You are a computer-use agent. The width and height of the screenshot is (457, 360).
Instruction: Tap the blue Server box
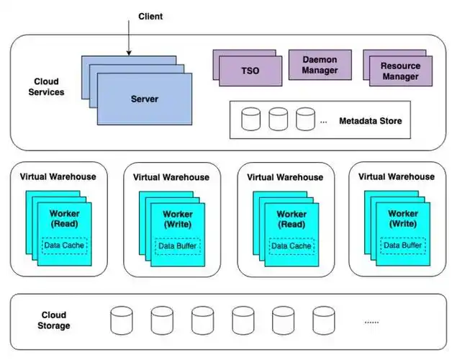[x=144, y=98]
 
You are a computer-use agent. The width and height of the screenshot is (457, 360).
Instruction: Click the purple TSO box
[x=250, y=71]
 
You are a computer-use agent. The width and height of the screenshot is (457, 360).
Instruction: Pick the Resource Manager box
[x=400, y=71]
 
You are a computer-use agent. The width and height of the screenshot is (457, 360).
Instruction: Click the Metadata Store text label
[x=370, y=120]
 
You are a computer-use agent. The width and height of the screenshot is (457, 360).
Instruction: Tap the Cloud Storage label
[x=54, y=320]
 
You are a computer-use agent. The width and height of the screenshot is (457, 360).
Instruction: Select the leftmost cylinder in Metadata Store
[x=250, y=119]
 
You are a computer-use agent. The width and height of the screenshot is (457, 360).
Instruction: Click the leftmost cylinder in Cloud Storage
[x=122, y=320]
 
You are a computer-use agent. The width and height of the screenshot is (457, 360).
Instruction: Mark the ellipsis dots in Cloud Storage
[x=371, y=321]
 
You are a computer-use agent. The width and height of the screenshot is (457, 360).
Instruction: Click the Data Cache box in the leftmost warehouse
[x=64, y=246]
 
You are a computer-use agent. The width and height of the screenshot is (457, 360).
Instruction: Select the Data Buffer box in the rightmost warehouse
[x=402, y=246]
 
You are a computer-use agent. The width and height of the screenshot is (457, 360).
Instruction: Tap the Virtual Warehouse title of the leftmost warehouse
[x=58, y=176]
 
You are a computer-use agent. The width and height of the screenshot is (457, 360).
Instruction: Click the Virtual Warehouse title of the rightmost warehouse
[x=397, y=176]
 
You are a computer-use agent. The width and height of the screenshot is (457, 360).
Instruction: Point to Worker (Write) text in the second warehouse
[x=178, y=220]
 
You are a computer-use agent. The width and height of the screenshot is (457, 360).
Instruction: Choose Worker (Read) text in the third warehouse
[x=291, y=220]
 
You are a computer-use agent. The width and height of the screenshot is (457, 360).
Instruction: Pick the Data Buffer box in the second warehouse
[x=178, y=246]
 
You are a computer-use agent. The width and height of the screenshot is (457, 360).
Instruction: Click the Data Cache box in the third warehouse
[x=291, y=246]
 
